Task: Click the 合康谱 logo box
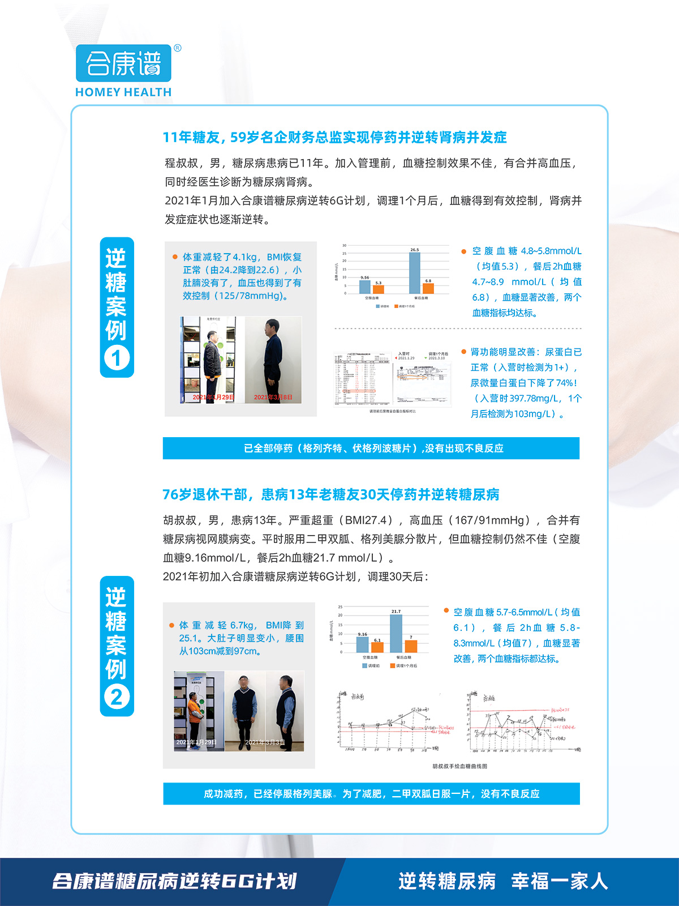coord(123,63)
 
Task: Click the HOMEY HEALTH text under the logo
coord(123,92)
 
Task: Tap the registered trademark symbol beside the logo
coord(177,48)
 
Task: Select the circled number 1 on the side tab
coord(117,358)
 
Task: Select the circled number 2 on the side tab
coord(117,697)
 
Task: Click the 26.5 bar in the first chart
coord(415,272)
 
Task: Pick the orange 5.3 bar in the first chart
coord(379,289)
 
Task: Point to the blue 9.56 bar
coord(365,287)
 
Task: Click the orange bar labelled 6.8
coord(428,288)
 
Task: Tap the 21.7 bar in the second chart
coord(396,633)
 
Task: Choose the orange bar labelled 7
coord(411,646)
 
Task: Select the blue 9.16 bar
coord(363,644)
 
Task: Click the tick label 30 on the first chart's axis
coord(344,246)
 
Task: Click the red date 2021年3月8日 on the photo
coord(273,398)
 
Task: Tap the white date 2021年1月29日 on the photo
coord(196,742)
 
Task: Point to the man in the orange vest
coord(196,711)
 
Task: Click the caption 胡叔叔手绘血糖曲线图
coord(459,766)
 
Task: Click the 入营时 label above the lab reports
coord(404,354)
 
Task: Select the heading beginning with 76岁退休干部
coord(331,495)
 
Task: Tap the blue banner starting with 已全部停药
coord(371,448)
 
